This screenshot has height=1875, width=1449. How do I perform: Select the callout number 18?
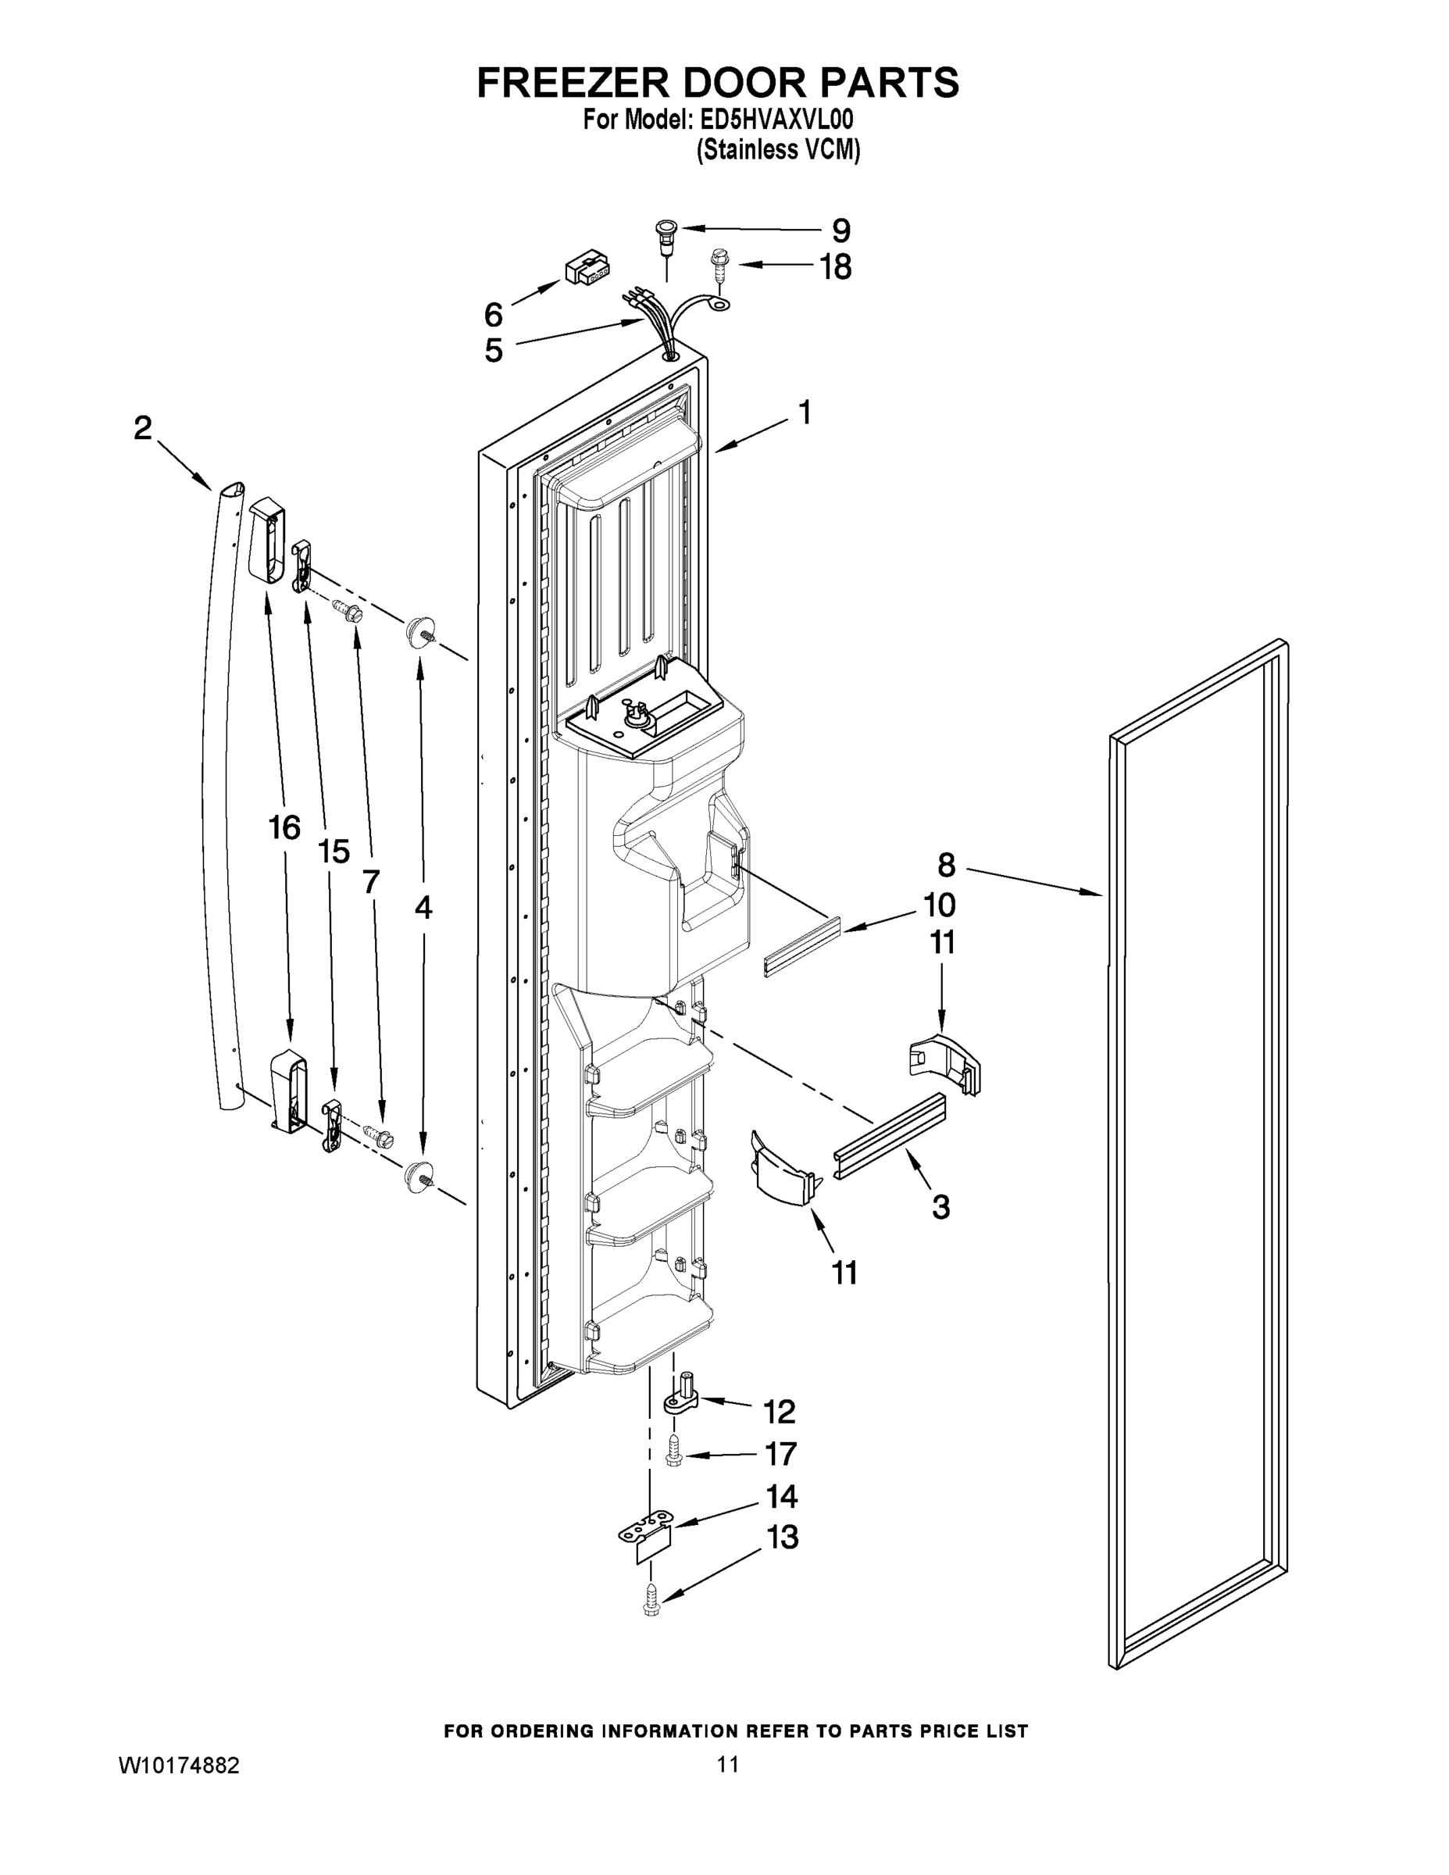point(834,267)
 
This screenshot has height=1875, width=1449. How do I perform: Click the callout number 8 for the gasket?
point(946,865)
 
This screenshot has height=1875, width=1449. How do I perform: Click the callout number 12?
point(780,1412)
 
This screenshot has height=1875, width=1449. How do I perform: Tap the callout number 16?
point(284,828)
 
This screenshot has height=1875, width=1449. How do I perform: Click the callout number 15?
point(333,851)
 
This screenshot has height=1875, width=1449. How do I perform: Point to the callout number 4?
point(423,908)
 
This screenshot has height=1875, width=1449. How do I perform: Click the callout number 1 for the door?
point(805,413)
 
